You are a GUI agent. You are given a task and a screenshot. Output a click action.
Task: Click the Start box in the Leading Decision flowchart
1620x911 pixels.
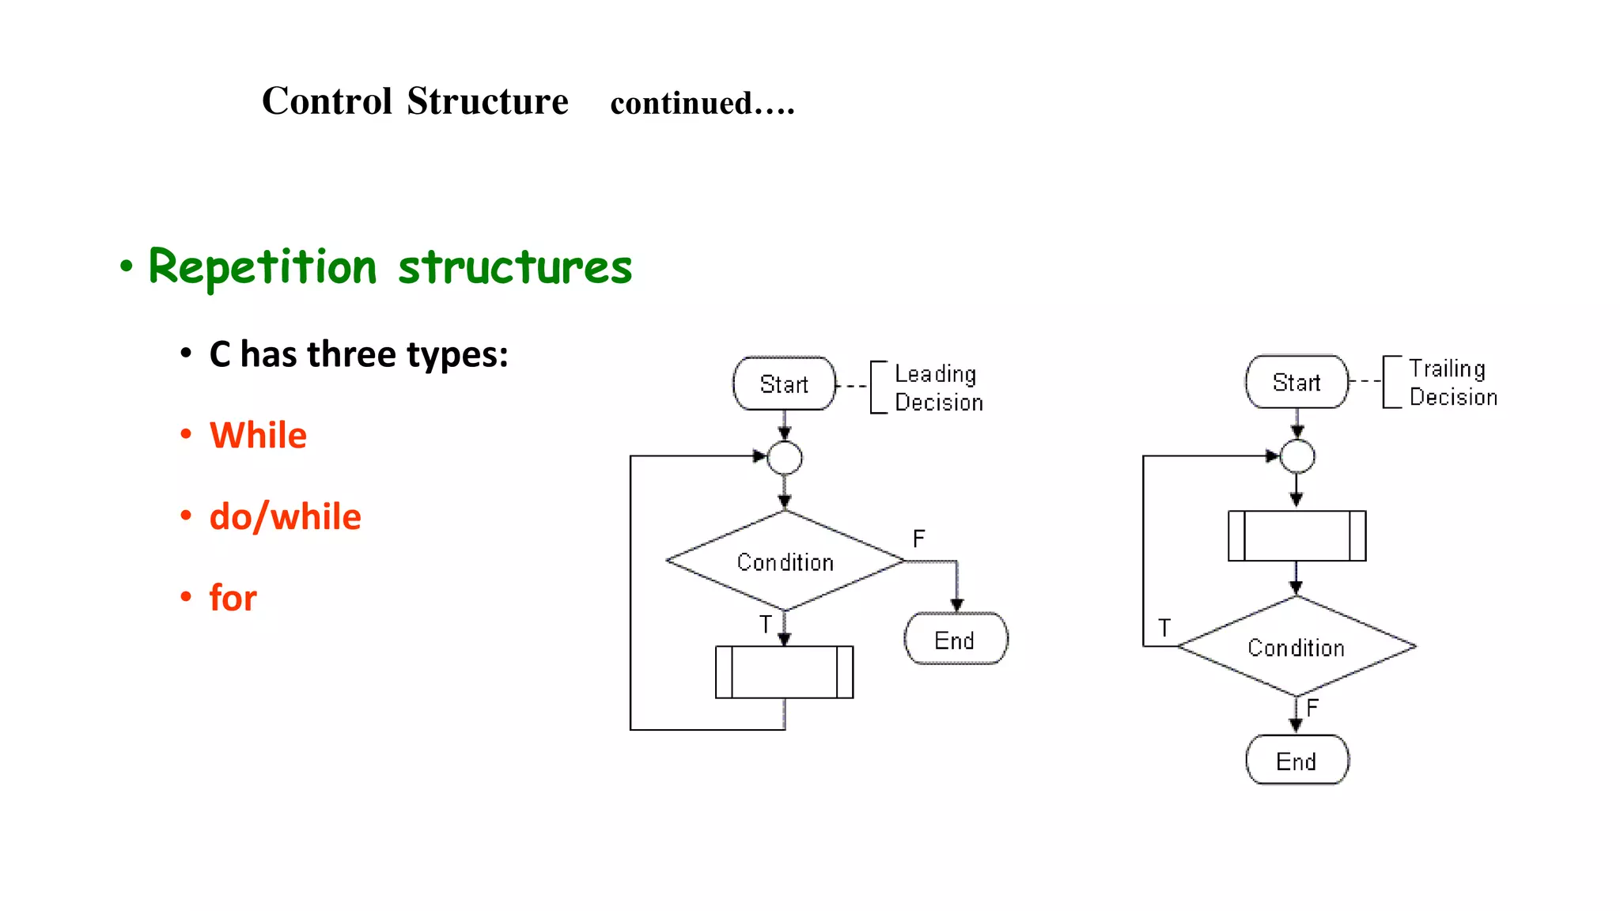[x=784, y=384]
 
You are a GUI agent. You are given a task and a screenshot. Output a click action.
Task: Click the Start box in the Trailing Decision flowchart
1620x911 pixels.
[x=1296, y=382]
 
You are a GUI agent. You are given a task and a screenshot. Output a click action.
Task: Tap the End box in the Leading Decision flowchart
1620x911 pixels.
[x=956, y=639]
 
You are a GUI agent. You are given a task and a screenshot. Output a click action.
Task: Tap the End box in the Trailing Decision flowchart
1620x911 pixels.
[x=1296, y=760]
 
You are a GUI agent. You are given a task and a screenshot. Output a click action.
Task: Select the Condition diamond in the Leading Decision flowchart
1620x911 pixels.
[x=785, y=561]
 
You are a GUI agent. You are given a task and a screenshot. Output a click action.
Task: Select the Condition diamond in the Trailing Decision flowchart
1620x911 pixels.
[x=1296, y=647]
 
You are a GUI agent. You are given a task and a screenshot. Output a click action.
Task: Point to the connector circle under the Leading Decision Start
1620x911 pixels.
[x=785, y=458]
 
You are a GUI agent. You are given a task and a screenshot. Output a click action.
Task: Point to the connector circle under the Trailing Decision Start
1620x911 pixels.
[x=1297, y=456]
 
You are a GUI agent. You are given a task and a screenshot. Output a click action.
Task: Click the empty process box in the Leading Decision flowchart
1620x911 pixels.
[x=784, y=672]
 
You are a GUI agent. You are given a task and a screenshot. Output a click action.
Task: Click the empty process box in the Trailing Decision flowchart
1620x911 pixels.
[x=1296, y=535]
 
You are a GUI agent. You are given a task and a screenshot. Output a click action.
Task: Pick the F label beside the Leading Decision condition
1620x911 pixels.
[x=918, y=539]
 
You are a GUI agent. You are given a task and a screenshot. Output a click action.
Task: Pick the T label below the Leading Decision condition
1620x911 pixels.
[x=766, y=625]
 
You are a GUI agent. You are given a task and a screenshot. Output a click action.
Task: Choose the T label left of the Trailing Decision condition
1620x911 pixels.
[x=1164, y=628]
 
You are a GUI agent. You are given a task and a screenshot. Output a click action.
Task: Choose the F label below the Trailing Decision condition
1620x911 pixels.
[x=1313, y=708]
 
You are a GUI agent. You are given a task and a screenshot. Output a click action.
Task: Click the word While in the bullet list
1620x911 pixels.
[x=258, y=436]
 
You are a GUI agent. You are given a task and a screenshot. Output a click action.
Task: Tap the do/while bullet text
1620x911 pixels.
[x=285, y=517]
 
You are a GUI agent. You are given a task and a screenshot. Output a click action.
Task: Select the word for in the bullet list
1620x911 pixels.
[x=233, y=598]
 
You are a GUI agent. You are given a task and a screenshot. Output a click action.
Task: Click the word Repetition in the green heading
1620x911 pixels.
[x=263, y=266]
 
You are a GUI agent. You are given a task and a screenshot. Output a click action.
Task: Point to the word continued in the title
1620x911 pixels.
[x=681, y=104]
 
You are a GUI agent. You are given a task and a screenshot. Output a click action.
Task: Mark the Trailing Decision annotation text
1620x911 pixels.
[x=1452, y=383]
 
